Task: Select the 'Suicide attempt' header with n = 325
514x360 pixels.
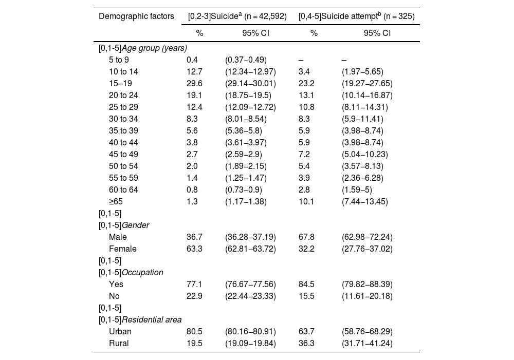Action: [357, 16]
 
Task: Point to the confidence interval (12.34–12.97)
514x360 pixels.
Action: [250, 71]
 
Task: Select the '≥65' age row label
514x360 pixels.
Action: [116, 201]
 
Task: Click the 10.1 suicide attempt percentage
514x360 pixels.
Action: [306, 201]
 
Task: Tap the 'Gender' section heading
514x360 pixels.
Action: [124, 225]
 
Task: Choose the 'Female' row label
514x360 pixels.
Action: [122, 249]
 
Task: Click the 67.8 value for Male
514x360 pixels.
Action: [306, 237]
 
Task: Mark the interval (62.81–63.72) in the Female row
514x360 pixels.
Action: [250, 249]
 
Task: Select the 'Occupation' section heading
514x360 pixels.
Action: [131, 272]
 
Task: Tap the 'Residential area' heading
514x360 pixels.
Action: [140, 319]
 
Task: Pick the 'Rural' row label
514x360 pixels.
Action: [119, 343]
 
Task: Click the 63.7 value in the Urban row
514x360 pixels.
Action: [306, 331]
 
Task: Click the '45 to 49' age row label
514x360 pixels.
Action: [123, 154]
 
